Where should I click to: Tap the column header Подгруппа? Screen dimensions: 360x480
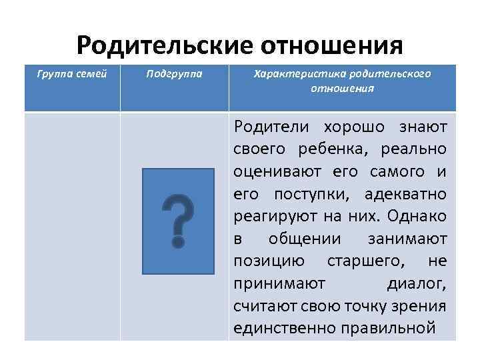point(175,74)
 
